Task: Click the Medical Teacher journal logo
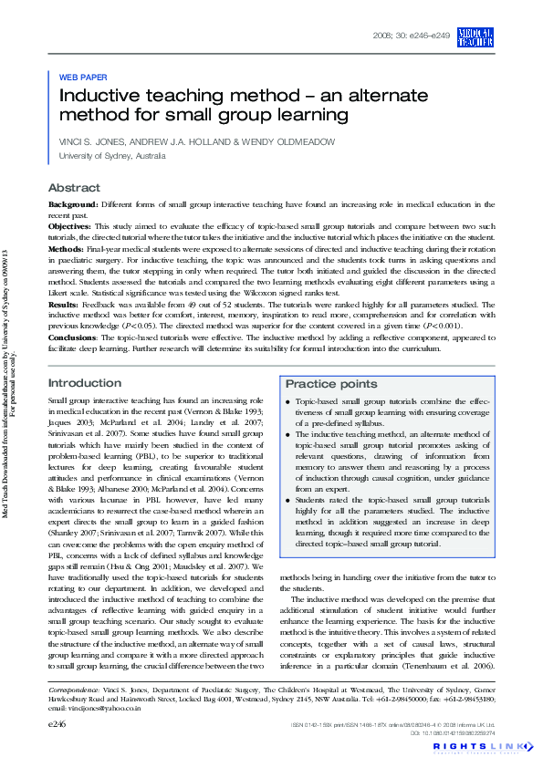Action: [x=476, y=37]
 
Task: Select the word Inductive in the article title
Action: [x=100, y=95]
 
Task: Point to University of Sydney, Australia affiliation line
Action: [x=112, y=157]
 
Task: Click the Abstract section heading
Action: [x=74, y=187]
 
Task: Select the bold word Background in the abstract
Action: [x=72, y=205]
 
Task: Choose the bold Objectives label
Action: [x=69, y=225]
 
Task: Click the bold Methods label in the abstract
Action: [x=66, y=248]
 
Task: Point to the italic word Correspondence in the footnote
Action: [x=75, y=689]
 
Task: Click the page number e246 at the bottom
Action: [x=57, y=722]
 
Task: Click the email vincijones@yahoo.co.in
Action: [x=94, y=708]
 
